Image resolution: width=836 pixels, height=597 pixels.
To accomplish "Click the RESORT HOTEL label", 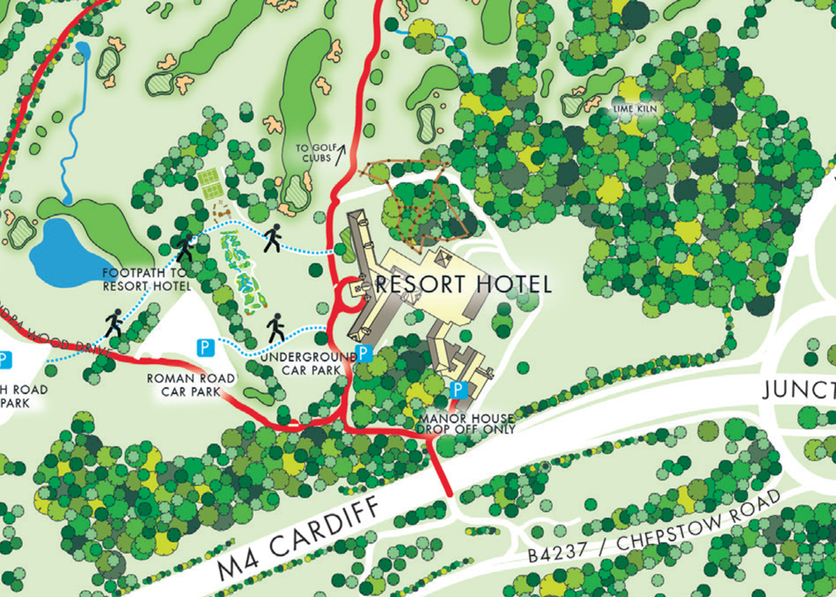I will [463, 284].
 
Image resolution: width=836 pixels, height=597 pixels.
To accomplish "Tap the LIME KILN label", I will [635, 109].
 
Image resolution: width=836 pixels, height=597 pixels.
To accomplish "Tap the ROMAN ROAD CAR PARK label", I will [191, 385].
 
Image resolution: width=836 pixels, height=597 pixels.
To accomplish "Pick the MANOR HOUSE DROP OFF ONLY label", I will [467, 424].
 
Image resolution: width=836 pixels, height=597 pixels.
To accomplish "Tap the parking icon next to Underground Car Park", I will [363, 352].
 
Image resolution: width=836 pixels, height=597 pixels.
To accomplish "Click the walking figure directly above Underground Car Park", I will [277, 327].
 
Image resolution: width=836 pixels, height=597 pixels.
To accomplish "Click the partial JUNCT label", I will [798, 391].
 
